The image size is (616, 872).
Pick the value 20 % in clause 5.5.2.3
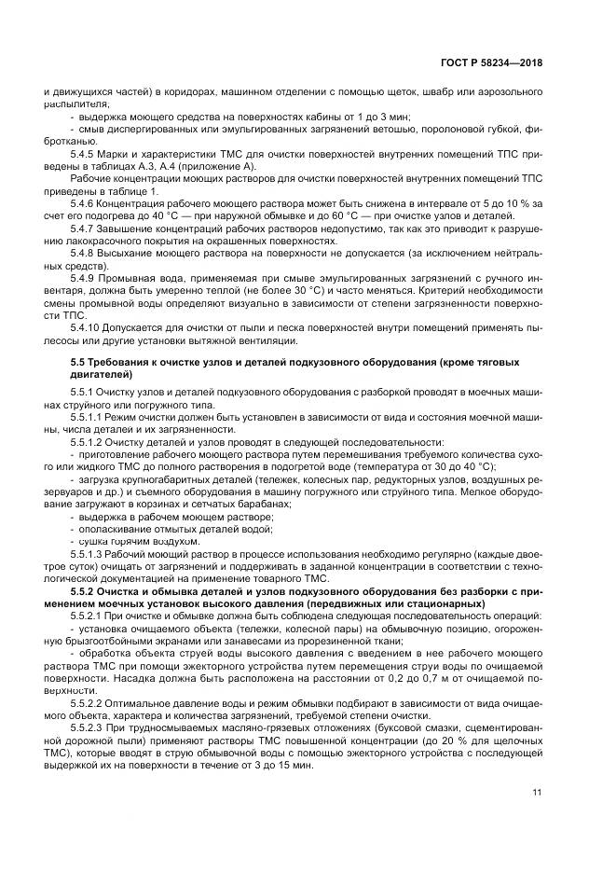click(486, 737)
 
